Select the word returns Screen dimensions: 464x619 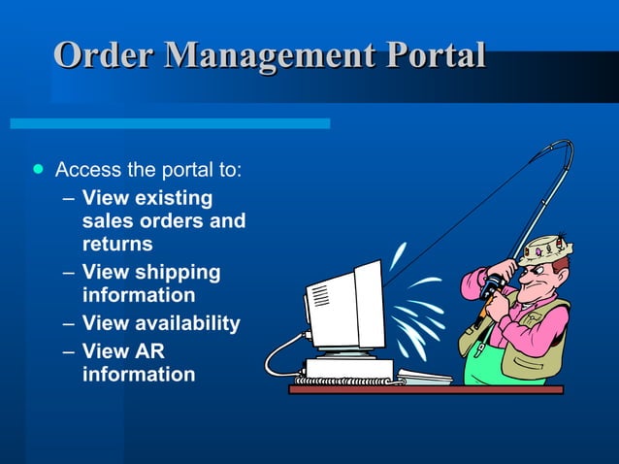pyautogui.click(x=117, y=245)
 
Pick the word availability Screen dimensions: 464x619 pyautogui.click(x=184, y=323)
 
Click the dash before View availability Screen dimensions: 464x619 pyautogui.click(x=65, y=323)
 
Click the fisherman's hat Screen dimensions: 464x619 pyautogui.click(x=544, y=249)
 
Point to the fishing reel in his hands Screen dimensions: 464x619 pyautogui.click(x=492, y=284)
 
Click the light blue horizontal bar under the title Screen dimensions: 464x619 pyautogui.click(x=170, y=123)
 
